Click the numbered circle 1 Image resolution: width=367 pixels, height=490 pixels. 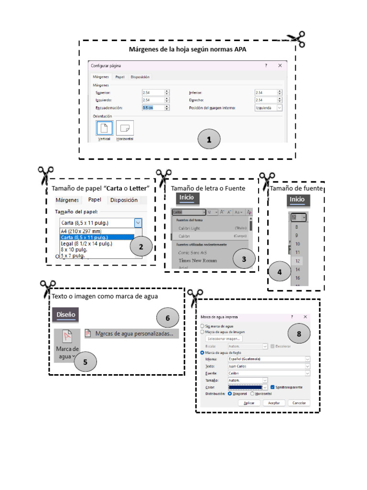[209, 140]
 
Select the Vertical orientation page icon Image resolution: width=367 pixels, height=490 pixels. [105, 128]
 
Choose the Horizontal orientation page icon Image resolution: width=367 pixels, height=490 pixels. [125, 128]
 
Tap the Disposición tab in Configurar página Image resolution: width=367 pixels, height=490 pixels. [140, 77]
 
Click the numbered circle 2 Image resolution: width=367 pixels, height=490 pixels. [140, 247]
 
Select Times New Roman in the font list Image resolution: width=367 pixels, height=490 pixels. [197, 260]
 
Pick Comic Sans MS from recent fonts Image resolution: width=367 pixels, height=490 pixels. [194, 252]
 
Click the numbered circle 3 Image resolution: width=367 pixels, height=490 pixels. [244, 259]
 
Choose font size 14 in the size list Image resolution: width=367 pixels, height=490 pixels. [297, 269]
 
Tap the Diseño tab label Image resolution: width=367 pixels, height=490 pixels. [66, 314]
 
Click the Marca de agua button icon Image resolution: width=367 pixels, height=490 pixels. [67, 337]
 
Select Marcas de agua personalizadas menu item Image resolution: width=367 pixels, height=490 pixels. [133, 334]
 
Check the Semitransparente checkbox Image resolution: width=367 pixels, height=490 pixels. [272, 387]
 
